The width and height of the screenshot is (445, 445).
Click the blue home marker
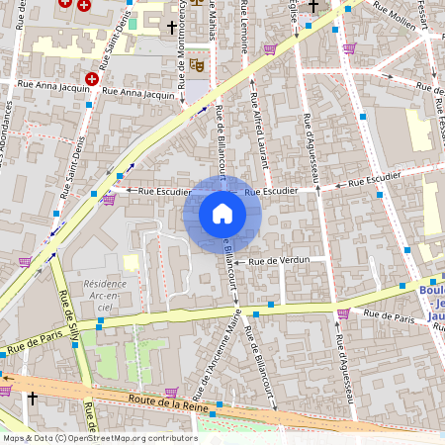click(x=222, y=214)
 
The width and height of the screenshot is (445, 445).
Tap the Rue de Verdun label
click(x=279, y=261)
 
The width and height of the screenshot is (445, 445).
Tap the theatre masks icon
click(x=197, y=64)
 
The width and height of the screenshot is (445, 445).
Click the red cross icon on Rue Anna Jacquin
click(x=92, y=78)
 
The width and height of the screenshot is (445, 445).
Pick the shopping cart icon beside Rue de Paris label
click(x=343, y=313)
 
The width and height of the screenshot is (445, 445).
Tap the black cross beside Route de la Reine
click(x=33, y=398)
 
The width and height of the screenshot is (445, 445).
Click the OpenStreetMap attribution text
click(x=99, y=437)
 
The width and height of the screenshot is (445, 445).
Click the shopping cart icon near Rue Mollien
click(x=349, y=47)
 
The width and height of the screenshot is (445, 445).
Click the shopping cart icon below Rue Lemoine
click(x=269, y=48)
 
